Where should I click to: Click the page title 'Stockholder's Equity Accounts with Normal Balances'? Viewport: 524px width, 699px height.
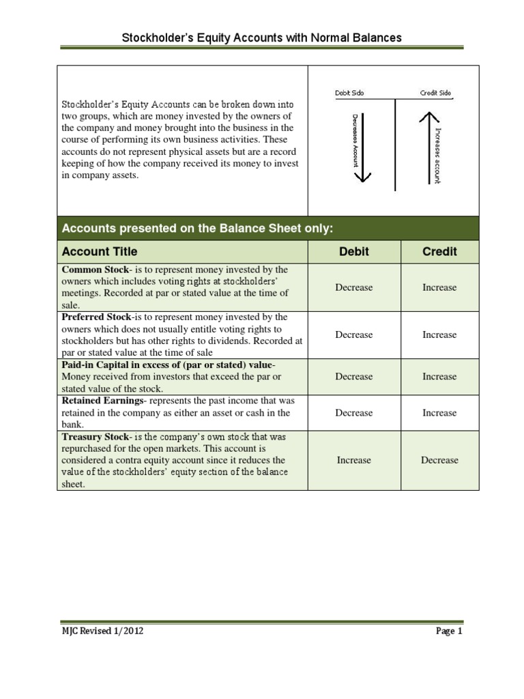pos(261,38)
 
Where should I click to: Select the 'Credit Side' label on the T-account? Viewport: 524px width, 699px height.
pos(435,94)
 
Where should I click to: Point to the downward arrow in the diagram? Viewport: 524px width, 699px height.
pos(362,147)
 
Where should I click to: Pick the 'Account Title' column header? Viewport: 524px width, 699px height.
pos(100,251)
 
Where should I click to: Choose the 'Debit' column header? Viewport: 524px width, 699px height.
pos(354,251)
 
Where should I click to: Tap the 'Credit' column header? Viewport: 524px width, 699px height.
pos(439,251)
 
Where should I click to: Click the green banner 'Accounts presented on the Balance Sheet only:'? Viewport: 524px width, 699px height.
pos(198,228)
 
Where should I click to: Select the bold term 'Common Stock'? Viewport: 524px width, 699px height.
pos(95,270)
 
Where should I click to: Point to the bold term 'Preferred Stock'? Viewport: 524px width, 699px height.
pos(97,317)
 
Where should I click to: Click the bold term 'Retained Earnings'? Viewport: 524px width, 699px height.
pos(102,400)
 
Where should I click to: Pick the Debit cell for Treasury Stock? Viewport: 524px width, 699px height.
pos(354,460)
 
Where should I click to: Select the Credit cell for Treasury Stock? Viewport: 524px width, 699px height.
pos(439,460)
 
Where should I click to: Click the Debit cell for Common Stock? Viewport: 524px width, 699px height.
pos(354,287)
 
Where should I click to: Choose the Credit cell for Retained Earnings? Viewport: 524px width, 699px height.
pos(439,412)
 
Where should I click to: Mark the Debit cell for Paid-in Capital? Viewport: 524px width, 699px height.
pos(354,376)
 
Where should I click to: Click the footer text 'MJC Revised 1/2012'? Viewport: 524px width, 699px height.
pos(102,631)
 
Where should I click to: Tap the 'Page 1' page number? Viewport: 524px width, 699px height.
pos(449,631)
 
